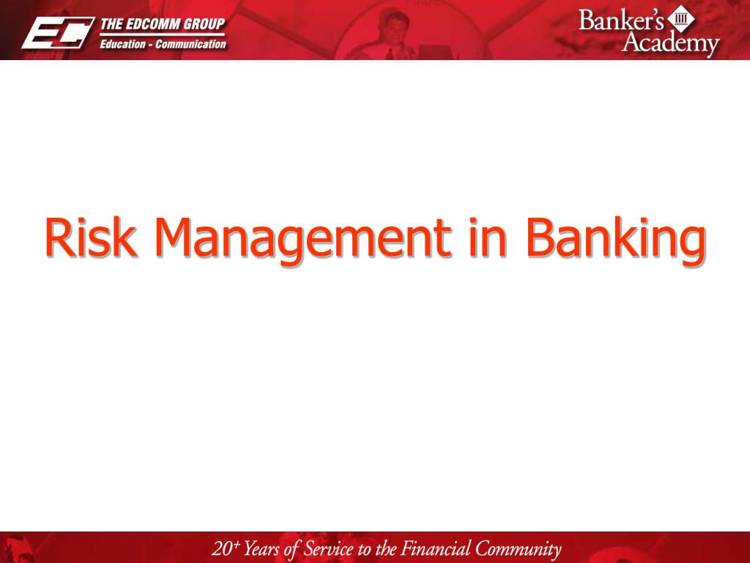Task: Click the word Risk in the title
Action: (90, 237)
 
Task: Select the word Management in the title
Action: (302, 240)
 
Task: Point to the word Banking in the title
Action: (615, 240)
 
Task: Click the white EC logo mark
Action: (57, 33)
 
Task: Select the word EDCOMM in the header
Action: (155, 24)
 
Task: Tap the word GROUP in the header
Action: (206, 24)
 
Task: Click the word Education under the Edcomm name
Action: (122, 44)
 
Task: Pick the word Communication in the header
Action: (190, 44)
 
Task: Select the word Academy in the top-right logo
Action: (671, 43)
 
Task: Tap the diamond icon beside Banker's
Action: (680, 18)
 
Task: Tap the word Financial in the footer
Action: (436, 548)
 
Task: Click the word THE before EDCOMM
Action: (111, 24)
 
